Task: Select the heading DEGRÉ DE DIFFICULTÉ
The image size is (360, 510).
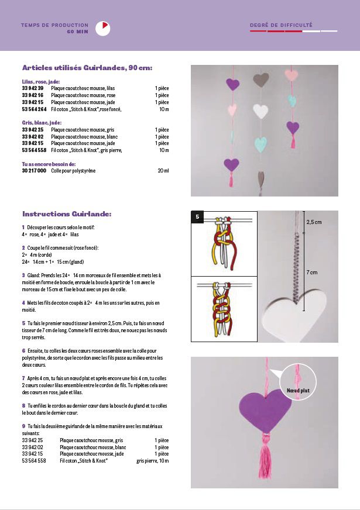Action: (281, 25)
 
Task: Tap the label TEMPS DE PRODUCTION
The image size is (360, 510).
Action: (54, 25)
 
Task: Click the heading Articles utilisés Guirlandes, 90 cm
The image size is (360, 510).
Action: (87, 68)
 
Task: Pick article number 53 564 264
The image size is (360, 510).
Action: (35, 109)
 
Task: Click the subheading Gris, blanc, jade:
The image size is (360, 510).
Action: (42, 123)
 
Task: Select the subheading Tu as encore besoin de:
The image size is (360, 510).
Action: (49, 164)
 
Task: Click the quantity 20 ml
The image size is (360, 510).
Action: (163, 171)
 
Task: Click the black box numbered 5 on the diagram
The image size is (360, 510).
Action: (198, 218)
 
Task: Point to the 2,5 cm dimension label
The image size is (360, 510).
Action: (314, 222)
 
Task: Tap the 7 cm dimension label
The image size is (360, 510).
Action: (311, 273)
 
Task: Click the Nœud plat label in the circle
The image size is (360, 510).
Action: (298, 390)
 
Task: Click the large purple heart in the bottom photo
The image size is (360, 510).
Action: (265, 409)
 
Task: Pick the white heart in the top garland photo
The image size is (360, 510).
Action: (260, 111)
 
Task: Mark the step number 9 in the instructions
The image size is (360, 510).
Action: (23, 426)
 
